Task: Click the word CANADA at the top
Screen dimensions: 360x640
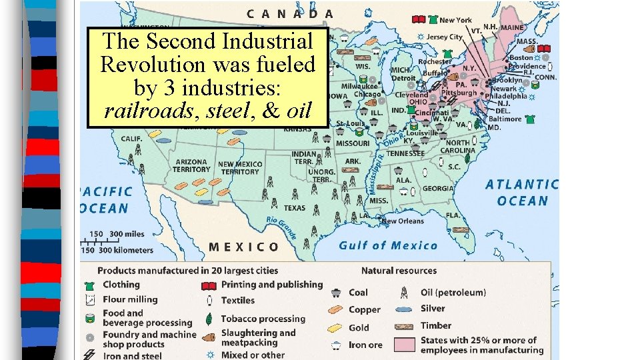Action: pos(291,13)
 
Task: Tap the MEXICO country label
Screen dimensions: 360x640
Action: pos(244,247)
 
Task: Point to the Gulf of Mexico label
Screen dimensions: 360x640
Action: pos(388,245)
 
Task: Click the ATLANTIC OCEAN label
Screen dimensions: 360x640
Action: pos(521,193)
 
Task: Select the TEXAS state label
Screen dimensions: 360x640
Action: pos(294,208)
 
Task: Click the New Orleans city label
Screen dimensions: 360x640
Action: pos(402,221)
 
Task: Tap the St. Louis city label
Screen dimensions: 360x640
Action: pos(350,124)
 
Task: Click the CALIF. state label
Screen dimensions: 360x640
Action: pos(131,139)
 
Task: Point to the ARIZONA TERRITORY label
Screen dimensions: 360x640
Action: pos(191,165)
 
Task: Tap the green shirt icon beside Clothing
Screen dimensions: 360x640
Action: pos(89,285)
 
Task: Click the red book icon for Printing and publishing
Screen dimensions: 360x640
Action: pos(209,285)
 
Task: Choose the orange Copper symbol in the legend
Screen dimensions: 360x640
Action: pos(337,309)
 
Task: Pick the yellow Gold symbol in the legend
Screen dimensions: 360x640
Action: pos(337,327)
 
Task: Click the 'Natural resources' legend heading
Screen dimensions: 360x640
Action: pos(399,271)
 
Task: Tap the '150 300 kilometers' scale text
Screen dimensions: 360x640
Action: pos(117,250)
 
